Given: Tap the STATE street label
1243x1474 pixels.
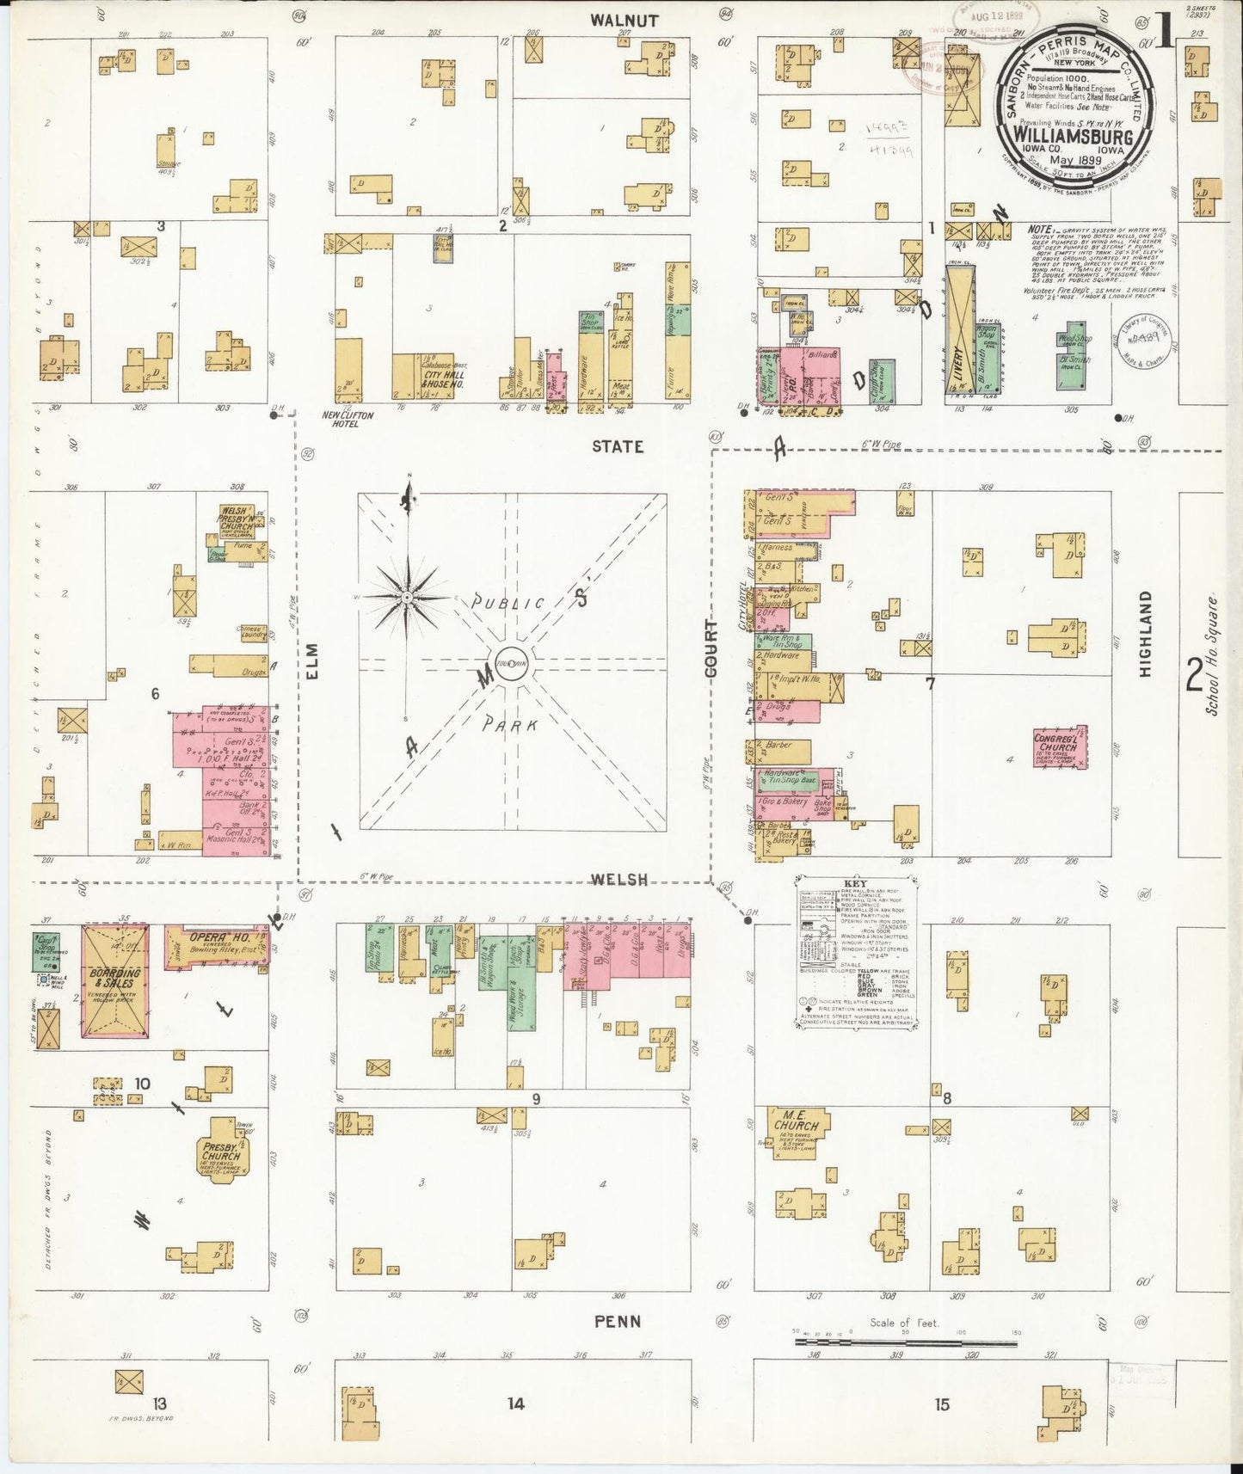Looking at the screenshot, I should (x=617, y=445).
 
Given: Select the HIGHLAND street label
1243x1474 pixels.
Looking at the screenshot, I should (x=1144, y=634).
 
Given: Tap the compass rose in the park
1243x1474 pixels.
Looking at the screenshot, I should (x=407, y=595).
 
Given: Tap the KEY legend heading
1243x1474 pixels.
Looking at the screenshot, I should (x=855, y=884).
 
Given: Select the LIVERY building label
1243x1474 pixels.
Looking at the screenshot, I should (x=957, y=363).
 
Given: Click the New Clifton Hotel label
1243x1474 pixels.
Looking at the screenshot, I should (x=347, y=420).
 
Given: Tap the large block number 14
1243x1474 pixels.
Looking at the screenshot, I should (x=514, y=1403).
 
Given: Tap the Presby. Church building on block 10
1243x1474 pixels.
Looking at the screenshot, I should (x=223, y=1151).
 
